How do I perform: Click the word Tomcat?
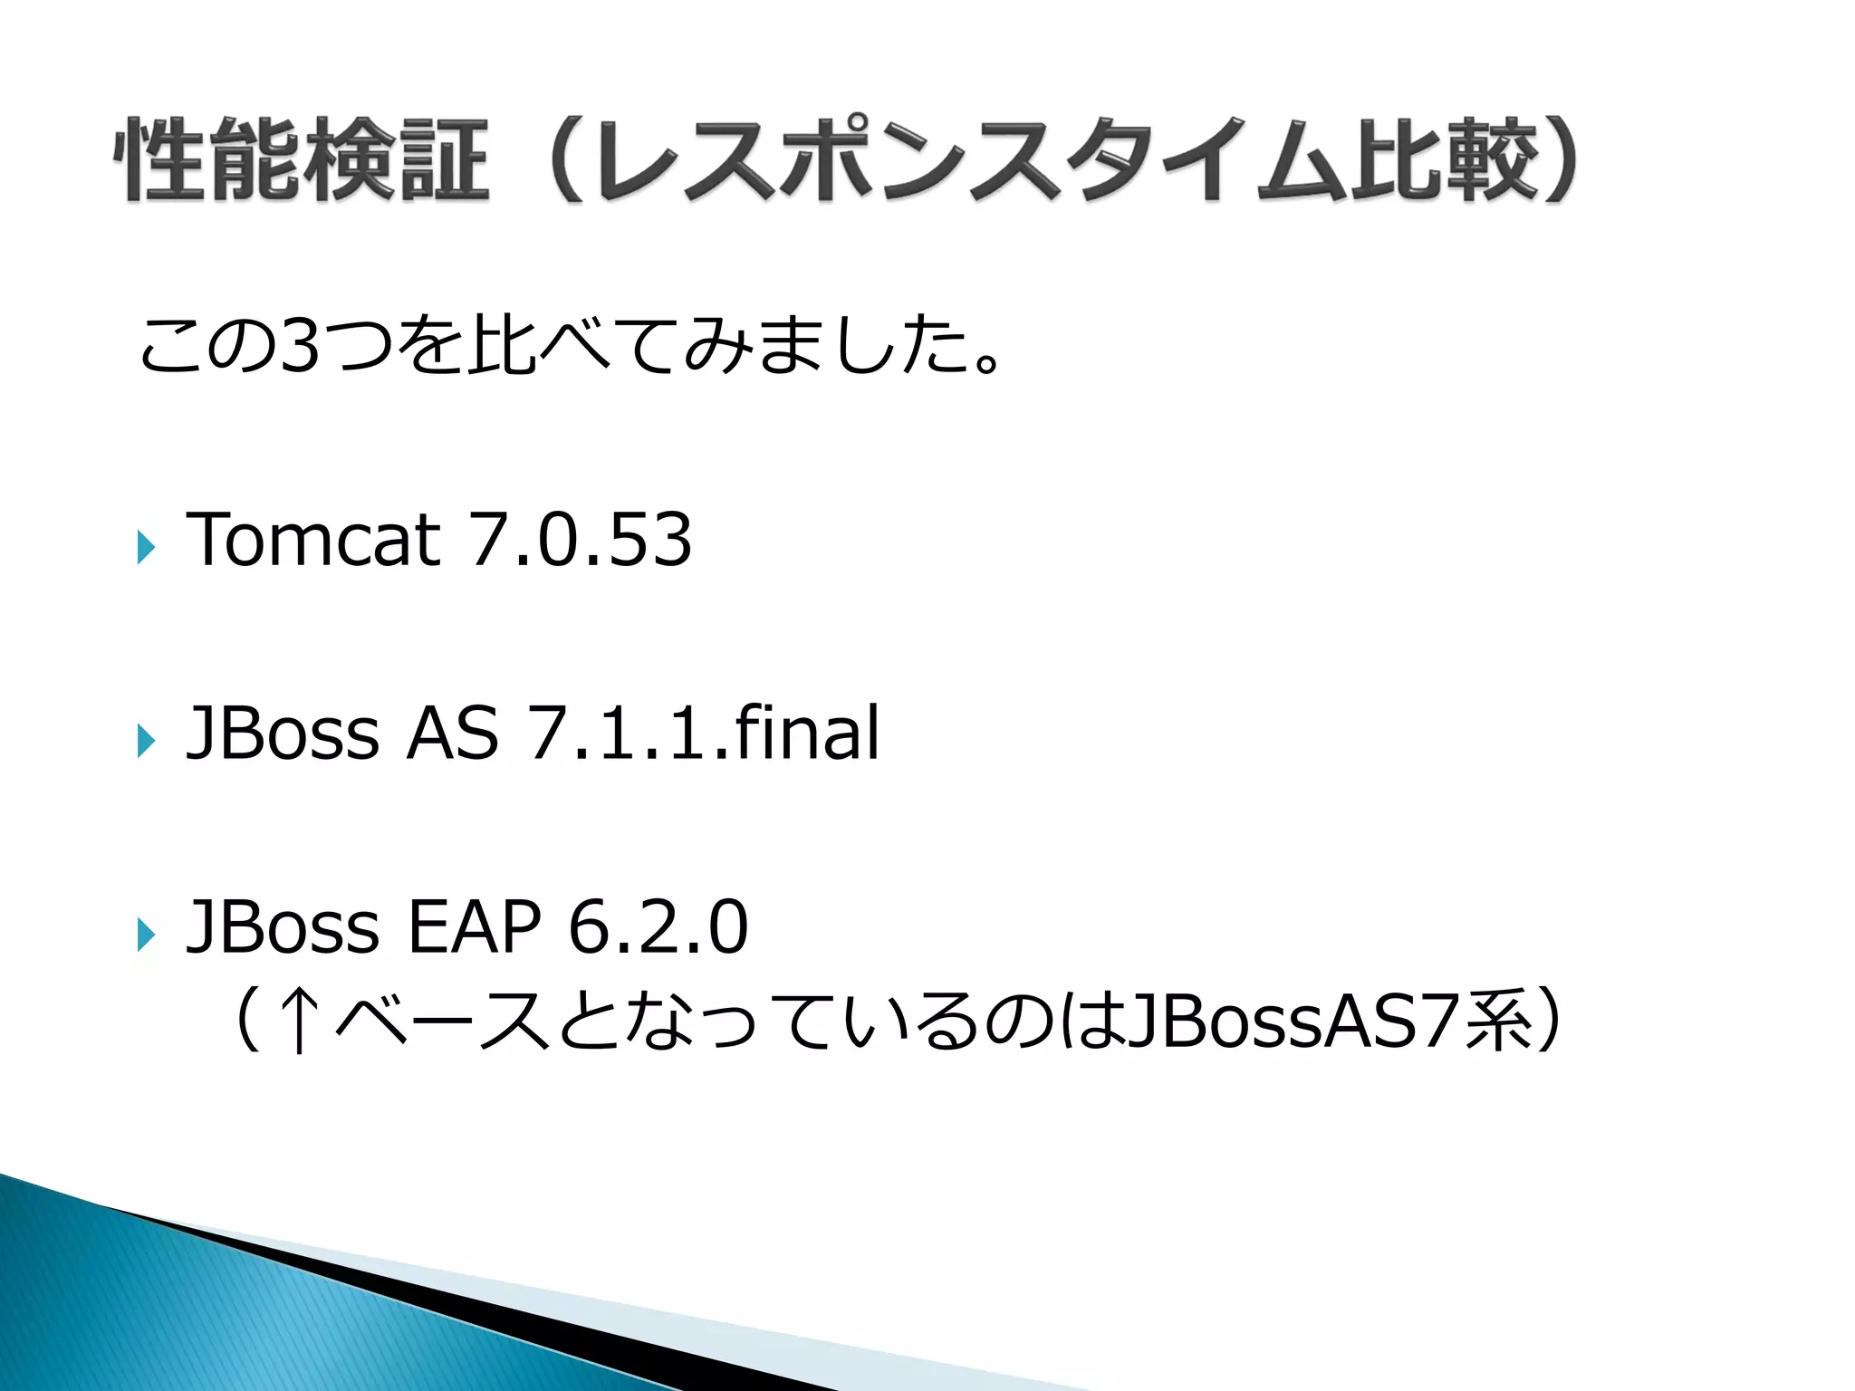pos(313,540)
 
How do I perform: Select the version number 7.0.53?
pos(580,540)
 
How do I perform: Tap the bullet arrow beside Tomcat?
pos(146,547)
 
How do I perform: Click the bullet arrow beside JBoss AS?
pos(146,741)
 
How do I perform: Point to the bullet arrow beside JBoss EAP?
pos(146,935)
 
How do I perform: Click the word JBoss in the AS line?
pos(282,734)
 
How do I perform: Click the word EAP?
pos(474,927)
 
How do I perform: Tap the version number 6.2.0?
pos(658,927)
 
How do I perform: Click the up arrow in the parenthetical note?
pos(299,1022)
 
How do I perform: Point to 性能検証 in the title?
pos(302,160)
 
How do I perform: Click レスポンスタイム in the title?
pos(969,160)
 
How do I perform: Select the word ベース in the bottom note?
pos(444,1022)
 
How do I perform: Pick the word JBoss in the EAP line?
pos(282,927)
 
